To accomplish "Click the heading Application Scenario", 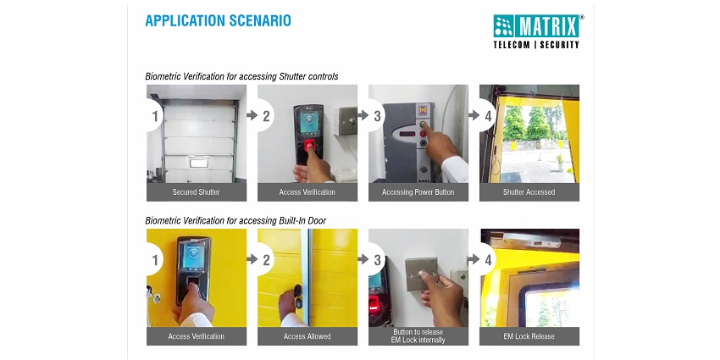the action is (218, 20).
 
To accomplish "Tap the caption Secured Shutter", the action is (196, 192).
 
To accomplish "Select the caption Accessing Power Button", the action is (418, 192).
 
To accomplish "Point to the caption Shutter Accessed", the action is (529, 192).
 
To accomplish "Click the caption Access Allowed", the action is (307, 336).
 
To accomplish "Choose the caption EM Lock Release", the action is (529, 336).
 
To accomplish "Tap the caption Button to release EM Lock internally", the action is (418, 336).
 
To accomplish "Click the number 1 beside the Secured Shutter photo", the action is (155, 116).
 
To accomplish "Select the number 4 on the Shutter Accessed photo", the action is (488, 116).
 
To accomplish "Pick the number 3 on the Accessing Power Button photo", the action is (377, 116).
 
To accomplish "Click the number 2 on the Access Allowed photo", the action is (266, 259).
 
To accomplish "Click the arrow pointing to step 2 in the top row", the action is (252, 115).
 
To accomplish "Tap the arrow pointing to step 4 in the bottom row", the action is (474, 259).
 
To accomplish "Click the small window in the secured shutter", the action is (199, 163).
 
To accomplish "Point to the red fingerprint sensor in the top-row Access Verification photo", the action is (310, 145).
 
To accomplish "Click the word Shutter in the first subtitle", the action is (294, 76).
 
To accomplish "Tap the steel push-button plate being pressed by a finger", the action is (421, 274).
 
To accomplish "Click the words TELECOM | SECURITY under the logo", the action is (536, 45).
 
